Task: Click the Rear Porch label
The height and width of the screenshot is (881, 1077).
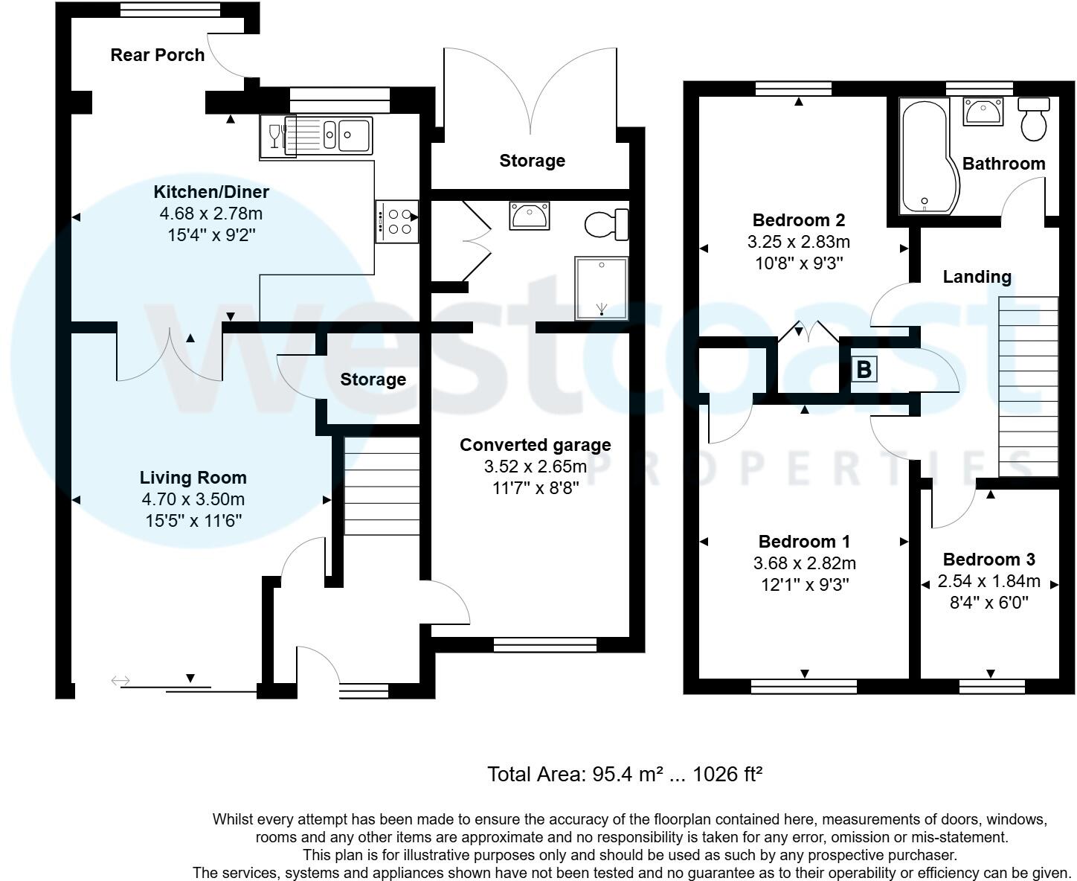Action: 157,55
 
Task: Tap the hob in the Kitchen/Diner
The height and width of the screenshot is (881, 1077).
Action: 397,221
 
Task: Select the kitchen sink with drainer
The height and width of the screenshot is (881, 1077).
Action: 328,135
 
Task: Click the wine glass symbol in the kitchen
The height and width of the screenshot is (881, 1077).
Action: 274,136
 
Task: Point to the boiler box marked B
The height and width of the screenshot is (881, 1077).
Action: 864,369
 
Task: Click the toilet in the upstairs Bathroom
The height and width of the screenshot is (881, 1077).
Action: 1034,119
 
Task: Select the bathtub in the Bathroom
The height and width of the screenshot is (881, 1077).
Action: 928,156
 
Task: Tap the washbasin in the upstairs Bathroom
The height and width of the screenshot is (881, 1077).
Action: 983,112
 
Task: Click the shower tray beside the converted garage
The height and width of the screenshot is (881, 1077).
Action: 602,288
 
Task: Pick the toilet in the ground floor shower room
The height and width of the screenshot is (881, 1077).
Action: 607,224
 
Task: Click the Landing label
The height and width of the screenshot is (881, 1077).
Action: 977,277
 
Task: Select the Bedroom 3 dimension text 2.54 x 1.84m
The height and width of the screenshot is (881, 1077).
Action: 988,581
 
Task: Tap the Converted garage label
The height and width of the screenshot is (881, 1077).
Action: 536,444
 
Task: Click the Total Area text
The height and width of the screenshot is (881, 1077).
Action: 625,774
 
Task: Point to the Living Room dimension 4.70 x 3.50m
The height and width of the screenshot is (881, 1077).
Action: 193,499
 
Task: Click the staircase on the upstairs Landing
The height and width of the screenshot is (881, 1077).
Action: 1029,386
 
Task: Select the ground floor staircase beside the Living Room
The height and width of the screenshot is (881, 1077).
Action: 382,486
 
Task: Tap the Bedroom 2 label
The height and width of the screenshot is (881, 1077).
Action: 799,220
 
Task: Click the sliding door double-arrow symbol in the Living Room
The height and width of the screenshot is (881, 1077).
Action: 120,681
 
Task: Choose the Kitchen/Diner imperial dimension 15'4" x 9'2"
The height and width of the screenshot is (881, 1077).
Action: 211,235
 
